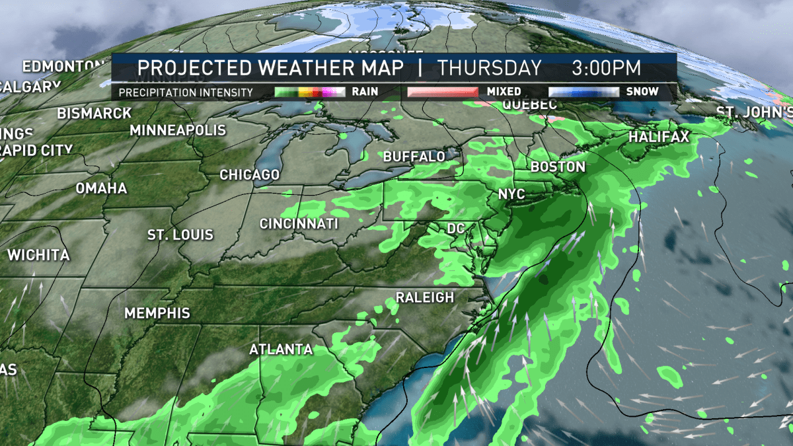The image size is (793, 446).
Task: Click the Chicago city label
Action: (x=250, y=175)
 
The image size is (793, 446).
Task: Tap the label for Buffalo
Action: (x=414, y=157)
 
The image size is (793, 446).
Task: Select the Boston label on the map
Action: (x=558, y=167)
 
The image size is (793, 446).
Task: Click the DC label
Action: (x=456, y=229)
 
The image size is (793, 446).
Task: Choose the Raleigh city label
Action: (x=425, y=297)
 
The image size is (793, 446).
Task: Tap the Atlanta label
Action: (x=281, y=350)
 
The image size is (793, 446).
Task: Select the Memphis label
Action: (x=157, y=313)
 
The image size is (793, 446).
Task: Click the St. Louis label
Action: (x=180, y=235)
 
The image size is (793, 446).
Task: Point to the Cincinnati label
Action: (x=299, y=224)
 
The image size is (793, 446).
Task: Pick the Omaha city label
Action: (x=101, y=188)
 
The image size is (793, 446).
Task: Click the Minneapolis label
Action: (x=178, y=130)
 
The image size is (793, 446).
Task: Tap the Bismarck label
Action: (x=94, y=114)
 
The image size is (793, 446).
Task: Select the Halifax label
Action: (x=659, y=137)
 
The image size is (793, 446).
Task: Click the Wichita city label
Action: (x=38, y=255)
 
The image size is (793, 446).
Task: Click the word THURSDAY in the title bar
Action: (x=490, y=68)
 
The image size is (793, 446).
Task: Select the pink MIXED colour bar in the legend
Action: (x=442, y=92)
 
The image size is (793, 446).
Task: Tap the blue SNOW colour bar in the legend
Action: (x=584, y=92)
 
